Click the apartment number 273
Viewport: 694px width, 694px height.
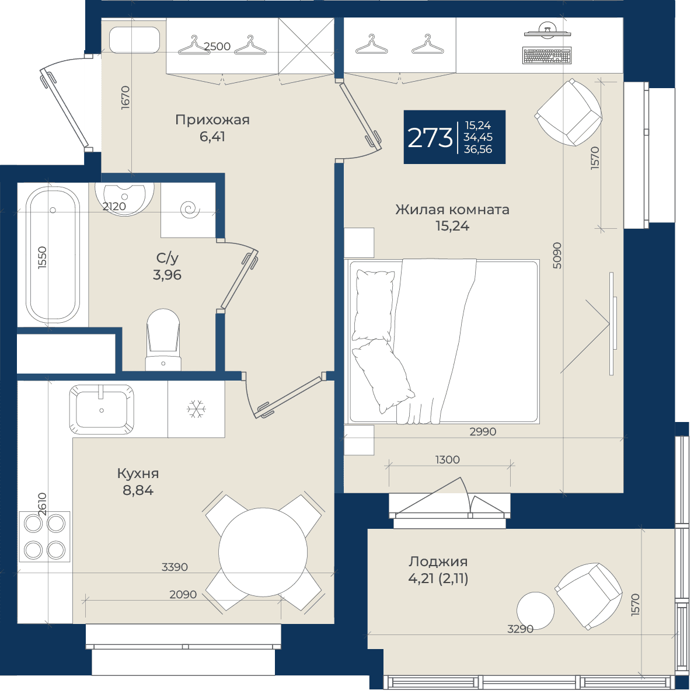point(430,137)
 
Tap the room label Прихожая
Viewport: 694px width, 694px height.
point(212,120)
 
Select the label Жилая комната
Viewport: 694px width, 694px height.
point(452,210)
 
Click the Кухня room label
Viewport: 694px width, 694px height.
point(138,473)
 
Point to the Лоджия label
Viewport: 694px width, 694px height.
point(438,562)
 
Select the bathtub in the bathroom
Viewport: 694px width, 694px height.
point(53,254)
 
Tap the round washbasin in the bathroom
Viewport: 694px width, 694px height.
point(124,198)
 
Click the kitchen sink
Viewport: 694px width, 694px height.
point(102,409)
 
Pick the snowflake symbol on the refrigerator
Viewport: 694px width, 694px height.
point(196,409)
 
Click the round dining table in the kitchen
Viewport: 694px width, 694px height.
point(263,552)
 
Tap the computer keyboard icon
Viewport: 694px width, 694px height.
point(547,56)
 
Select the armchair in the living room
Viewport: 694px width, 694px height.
point(569,113)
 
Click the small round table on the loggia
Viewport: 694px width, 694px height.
point(536,611)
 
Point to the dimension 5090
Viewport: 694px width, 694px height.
point(557,256)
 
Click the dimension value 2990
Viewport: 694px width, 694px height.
point(483,431)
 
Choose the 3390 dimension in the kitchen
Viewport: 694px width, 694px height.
point(175,567)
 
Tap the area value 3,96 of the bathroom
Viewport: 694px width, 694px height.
point(168,275)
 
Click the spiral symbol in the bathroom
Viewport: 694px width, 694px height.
point(191,208)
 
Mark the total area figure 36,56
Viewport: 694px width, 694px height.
point(478,149)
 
